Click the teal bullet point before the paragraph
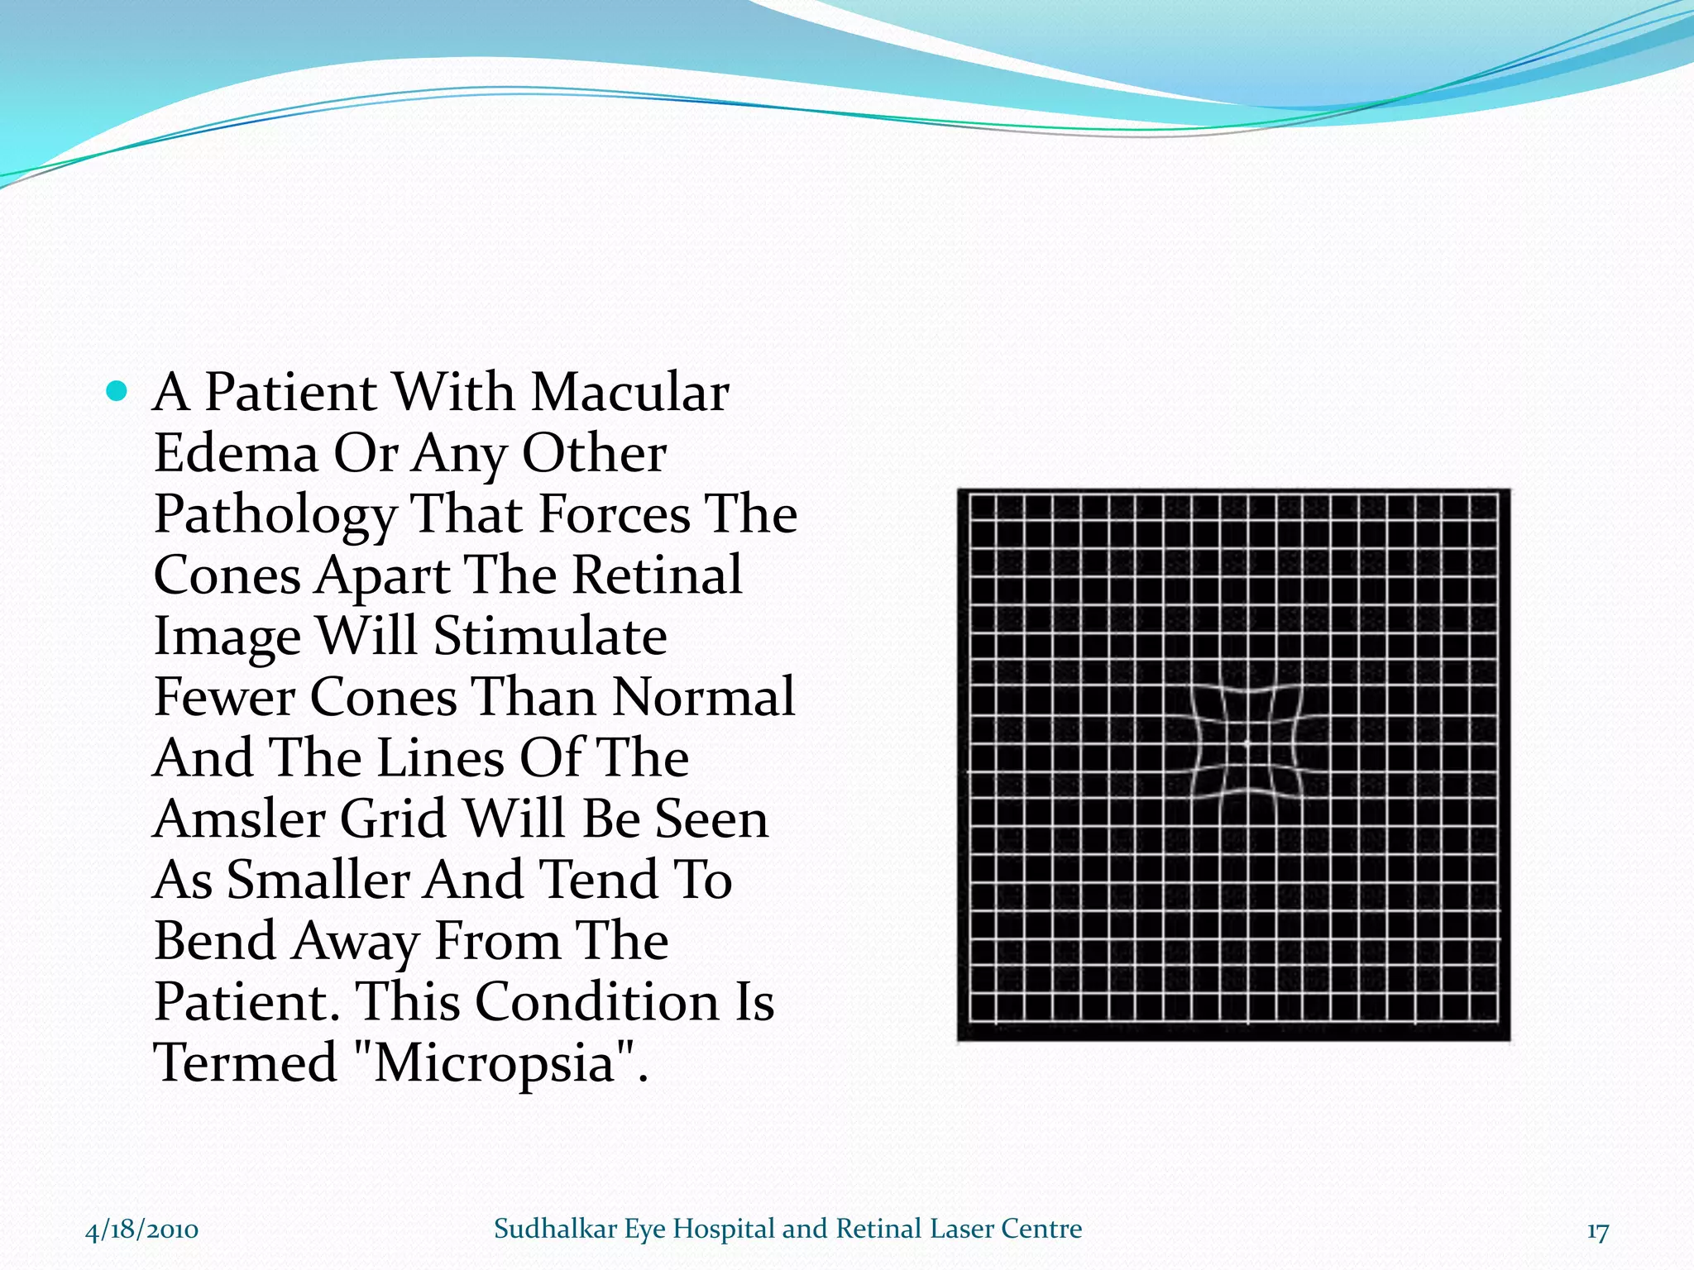point(117,391)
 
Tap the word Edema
point(236,454)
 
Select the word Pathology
point(275,516)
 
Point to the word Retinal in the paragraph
point(658,575)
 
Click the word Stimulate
point(550,637)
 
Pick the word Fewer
point(224,697)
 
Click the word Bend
point(215,941)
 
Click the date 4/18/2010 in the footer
point(141,1229)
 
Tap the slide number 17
point(1597,1231)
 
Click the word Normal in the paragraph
point(703,697)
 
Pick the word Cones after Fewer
point(383,697)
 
